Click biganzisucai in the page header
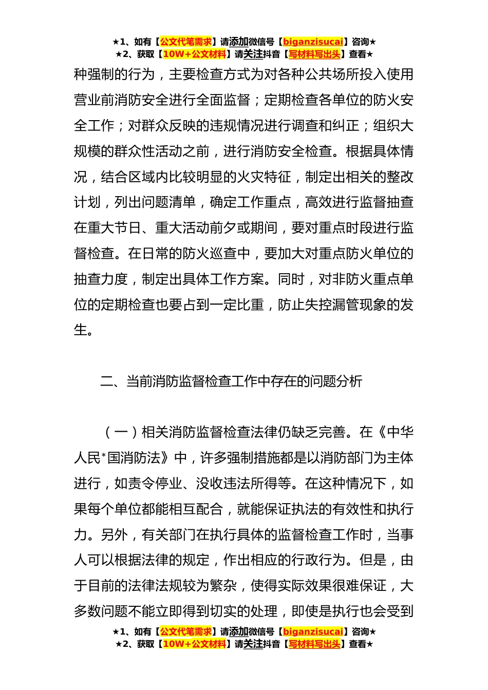point(313,42)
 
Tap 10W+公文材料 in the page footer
point(194,644)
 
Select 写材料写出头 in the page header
point(314,54)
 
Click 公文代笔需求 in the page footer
point(186,631)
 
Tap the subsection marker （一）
point(121,432)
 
